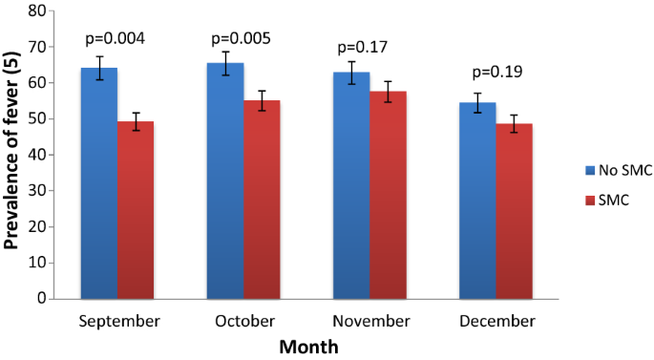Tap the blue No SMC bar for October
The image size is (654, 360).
[x=225, y=181]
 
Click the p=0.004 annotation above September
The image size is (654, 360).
[x=117, y=39]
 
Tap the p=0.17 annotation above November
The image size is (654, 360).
[x=368, y=46]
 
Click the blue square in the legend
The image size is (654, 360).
[x=563, y=170]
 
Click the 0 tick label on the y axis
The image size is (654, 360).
[x=42, y=298]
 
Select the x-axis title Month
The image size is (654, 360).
[x=307, y=348]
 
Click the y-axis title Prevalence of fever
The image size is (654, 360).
[x=12, y=153]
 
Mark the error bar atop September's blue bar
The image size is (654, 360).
[x=99, y=68]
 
